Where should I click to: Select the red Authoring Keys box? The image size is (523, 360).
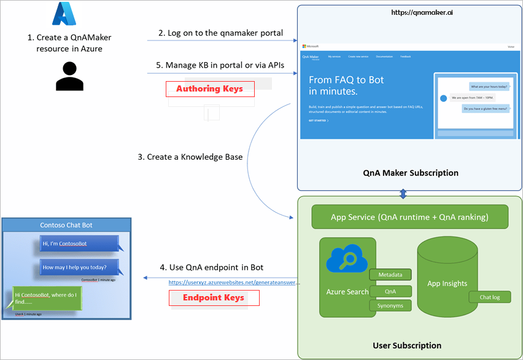click(210, 89)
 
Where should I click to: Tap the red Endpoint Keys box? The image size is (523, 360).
click(214, 298)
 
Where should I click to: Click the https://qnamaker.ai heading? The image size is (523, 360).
click(410, 12)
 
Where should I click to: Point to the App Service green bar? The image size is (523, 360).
click(410, 217)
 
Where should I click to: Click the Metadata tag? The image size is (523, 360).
click(390, 275)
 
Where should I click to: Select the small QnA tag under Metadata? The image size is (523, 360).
click(390, 290)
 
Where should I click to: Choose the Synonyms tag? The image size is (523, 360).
click(390, 305)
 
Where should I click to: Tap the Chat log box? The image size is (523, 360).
click(490, 297)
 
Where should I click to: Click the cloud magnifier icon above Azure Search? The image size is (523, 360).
click(346, 260)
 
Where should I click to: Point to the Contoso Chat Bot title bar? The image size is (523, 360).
click(66, 225)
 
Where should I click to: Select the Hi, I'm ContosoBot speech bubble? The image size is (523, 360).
click(77, 244)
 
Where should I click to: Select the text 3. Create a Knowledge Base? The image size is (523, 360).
click(190, 157)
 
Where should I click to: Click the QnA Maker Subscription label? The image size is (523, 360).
click(410, 173)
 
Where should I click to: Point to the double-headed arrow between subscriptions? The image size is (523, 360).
click(403, 194)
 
